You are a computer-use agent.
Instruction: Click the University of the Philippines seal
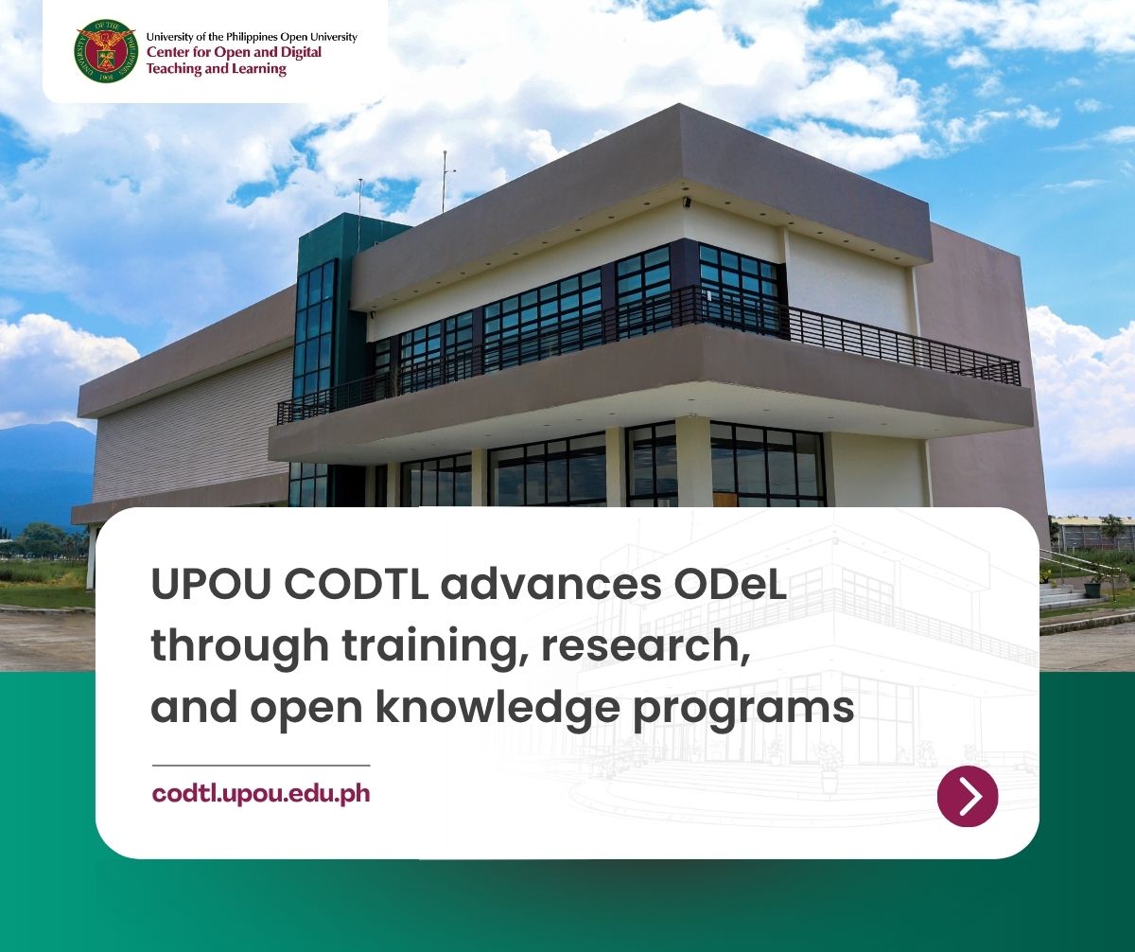pos(105,52)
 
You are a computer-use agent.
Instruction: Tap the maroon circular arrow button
pos(968,797)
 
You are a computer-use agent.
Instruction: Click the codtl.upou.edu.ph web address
pos(261,794)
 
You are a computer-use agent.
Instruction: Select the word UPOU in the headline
pos(211,584)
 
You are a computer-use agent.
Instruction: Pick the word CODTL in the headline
pos(357,584)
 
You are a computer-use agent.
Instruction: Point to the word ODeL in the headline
pos(729,584)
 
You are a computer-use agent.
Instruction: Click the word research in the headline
pos(646,645)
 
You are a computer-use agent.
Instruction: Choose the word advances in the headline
pos(551,584)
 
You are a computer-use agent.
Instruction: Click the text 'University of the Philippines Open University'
pos(252,37)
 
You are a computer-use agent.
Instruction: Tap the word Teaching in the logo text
pos(173,69)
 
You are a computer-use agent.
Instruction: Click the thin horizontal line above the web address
pos(261,766)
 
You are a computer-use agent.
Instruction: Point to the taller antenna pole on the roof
pos(445,182)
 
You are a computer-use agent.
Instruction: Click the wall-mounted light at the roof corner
pos(687,203)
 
